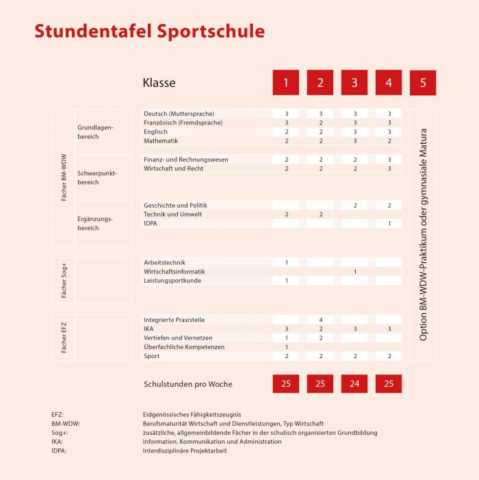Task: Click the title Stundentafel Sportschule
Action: coord(149,31)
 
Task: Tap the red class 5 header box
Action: coord(423,83)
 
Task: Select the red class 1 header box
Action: coord(286,83)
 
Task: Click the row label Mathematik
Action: coord(161,141)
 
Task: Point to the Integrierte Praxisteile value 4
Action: coord(320,320)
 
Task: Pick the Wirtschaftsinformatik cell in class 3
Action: coord(354,272)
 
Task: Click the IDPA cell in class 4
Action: coord(389,223)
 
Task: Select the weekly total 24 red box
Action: coord(354,384)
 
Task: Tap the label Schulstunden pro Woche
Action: coord(188,384)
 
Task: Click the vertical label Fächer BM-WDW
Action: coord(64,177)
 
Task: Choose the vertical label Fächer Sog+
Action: coord(64,280)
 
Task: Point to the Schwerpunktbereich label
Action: coord(97,178)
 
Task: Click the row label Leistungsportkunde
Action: coord(172,281)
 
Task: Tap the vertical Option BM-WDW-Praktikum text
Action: coord(423,234)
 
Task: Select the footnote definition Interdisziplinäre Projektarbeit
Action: coord(185,451)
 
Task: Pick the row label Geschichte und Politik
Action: coord(175,205)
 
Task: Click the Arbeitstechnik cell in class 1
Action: coord(286,262)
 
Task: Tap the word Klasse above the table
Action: coord(159,83)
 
